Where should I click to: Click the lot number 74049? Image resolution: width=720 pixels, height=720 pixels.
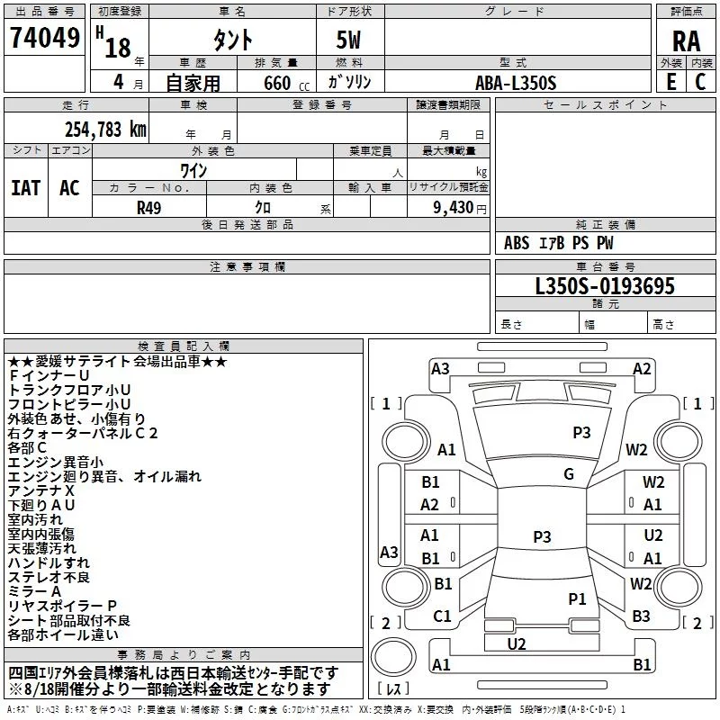45,38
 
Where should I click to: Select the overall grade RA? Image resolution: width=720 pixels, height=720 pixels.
687,41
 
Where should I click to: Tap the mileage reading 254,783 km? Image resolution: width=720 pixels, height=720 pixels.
105,130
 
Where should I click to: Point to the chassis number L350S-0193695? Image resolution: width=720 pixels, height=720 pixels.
605,286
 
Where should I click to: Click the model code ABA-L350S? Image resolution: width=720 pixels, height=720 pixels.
516,83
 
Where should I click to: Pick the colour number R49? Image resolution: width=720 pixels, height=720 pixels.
148,208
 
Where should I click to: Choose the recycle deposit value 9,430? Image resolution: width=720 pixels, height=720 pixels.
454,208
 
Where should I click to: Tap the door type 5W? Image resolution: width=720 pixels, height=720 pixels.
348,40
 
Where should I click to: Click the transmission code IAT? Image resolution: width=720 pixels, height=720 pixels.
26,188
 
